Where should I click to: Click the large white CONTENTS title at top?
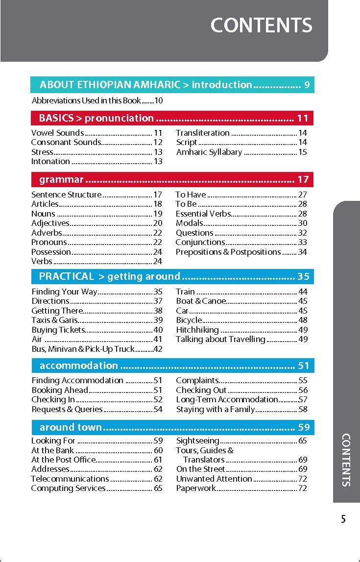click(261, 25)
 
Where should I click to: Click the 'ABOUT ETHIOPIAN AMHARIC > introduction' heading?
click(145, 85)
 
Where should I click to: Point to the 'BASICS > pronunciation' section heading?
click(96, 118)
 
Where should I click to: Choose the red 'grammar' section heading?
click(61, 179)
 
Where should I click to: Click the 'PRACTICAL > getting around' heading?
click(110, 276)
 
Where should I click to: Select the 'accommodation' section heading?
click(79, 366)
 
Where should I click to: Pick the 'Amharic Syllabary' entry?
click(209, 152)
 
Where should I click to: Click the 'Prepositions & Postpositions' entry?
click(228, 252)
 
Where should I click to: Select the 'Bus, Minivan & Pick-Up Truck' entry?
click(83, 349)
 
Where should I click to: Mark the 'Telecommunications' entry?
click(70, 479)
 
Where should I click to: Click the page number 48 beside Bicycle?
click(303, 320)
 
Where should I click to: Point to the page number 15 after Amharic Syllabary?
click(303, 152)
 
